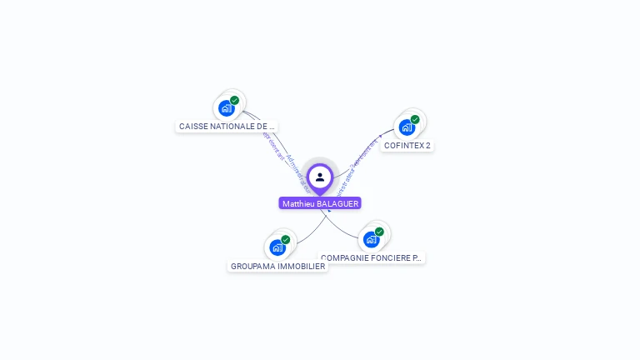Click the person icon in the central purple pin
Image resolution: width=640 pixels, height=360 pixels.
coord(320,177)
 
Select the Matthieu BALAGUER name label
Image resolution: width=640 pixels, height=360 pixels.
coord(320,203)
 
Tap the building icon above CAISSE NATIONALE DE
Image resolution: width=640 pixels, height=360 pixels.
coord(226,107)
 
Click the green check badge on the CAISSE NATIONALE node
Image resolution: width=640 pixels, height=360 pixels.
coord(235,100)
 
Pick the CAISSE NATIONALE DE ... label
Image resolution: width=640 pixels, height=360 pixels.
coord(227,127)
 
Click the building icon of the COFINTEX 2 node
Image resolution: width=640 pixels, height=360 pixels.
coord(406,127)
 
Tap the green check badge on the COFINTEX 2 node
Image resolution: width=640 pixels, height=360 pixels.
coord(415,119)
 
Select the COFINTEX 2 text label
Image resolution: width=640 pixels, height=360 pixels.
coord(407,146)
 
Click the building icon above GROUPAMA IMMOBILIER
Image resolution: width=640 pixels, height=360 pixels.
coord(277,247)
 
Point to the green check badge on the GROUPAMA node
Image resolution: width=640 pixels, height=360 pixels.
coord(286,240)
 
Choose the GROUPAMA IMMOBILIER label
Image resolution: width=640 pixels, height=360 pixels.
coord(277,267)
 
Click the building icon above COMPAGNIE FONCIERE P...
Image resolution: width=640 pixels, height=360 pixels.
coord(371,239)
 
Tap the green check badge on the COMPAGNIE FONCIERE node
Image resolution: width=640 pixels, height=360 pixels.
coord(380,232)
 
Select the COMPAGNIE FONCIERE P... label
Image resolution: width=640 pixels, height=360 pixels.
coord(372,258)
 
